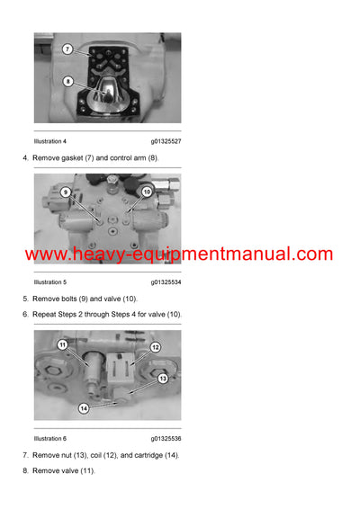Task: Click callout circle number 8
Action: click(67, 81)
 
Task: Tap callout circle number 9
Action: click(67, 192)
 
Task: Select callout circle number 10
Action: click(147, 192)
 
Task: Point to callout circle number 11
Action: click(63, 344)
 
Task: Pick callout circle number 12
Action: click(155, 347)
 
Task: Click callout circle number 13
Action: click(163, 379)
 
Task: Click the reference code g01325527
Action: click(166, 141)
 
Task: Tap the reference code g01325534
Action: click(166, 282)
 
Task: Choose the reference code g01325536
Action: click(166, 439)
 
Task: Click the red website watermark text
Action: click(179, 254)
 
